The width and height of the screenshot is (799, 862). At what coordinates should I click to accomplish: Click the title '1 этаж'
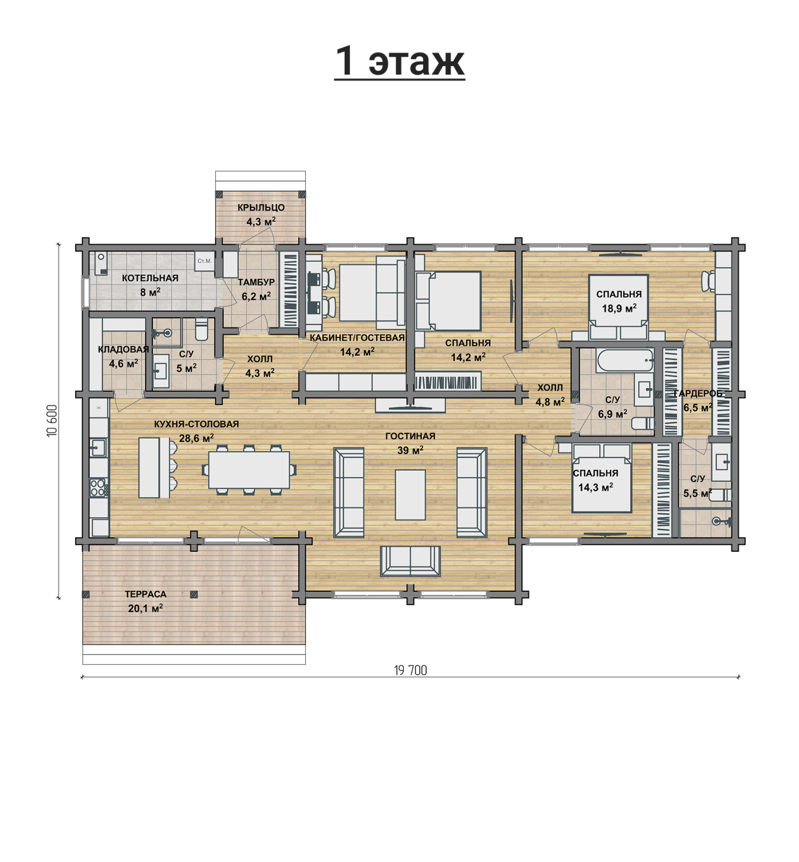(x=399, y=61)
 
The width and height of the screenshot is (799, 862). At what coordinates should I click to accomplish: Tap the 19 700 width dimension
(x=410, y=671)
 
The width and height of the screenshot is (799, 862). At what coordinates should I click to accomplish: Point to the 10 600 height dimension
(x=52, y=421)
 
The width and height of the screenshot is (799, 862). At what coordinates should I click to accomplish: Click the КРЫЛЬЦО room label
(x=261, y=207)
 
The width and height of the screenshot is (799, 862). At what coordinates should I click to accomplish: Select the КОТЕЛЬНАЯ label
(x=150, y=278)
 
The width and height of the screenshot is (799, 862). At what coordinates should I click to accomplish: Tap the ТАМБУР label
(x=256, y=282)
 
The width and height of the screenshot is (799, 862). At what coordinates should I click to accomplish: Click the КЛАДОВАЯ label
(x=123, y=350)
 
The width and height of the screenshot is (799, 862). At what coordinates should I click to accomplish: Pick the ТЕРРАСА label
(x=145, y=595)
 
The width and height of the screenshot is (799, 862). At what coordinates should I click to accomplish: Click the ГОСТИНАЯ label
(x=410, y=436)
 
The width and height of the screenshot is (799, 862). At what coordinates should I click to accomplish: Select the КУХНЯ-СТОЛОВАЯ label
(x=196, y=424)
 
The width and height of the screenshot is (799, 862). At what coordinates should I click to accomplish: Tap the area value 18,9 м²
(x=619, y=309)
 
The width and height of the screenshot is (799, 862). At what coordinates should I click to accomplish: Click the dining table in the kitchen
(x=249, y=470)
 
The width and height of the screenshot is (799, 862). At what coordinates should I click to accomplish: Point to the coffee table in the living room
(x=410, y=495)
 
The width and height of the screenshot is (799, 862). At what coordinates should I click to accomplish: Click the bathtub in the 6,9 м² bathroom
(x=625, y=360)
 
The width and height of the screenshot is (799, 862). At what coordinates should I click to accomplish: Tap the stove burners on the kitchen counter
(x=98, y=487)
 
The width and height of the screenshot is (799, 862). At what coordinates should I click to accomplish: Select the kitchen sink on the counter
(x=98, y=448)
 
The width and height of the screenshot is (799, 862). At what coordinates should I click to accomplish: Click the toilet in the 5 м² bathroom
(x=201, y=330)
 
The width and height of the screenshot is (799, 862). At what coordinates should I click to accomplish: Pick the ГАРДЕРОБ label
(x=698, y=394)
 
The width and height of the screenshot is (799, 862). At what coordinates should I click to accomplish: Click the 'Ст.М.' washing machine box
(x=204, y=261)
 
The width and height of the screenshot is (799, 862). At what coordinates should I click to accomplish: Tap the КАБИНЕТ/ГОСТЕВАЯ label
(x=357, y=338)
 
